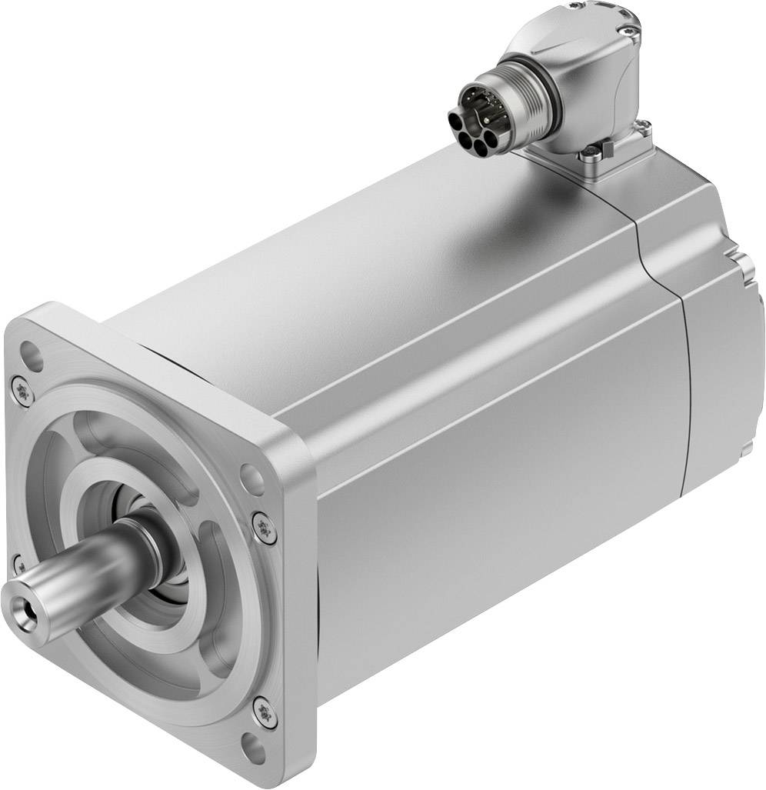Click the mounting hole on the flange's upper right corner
click(251, 478)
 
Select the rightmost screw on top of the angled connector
click(632, 32)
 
